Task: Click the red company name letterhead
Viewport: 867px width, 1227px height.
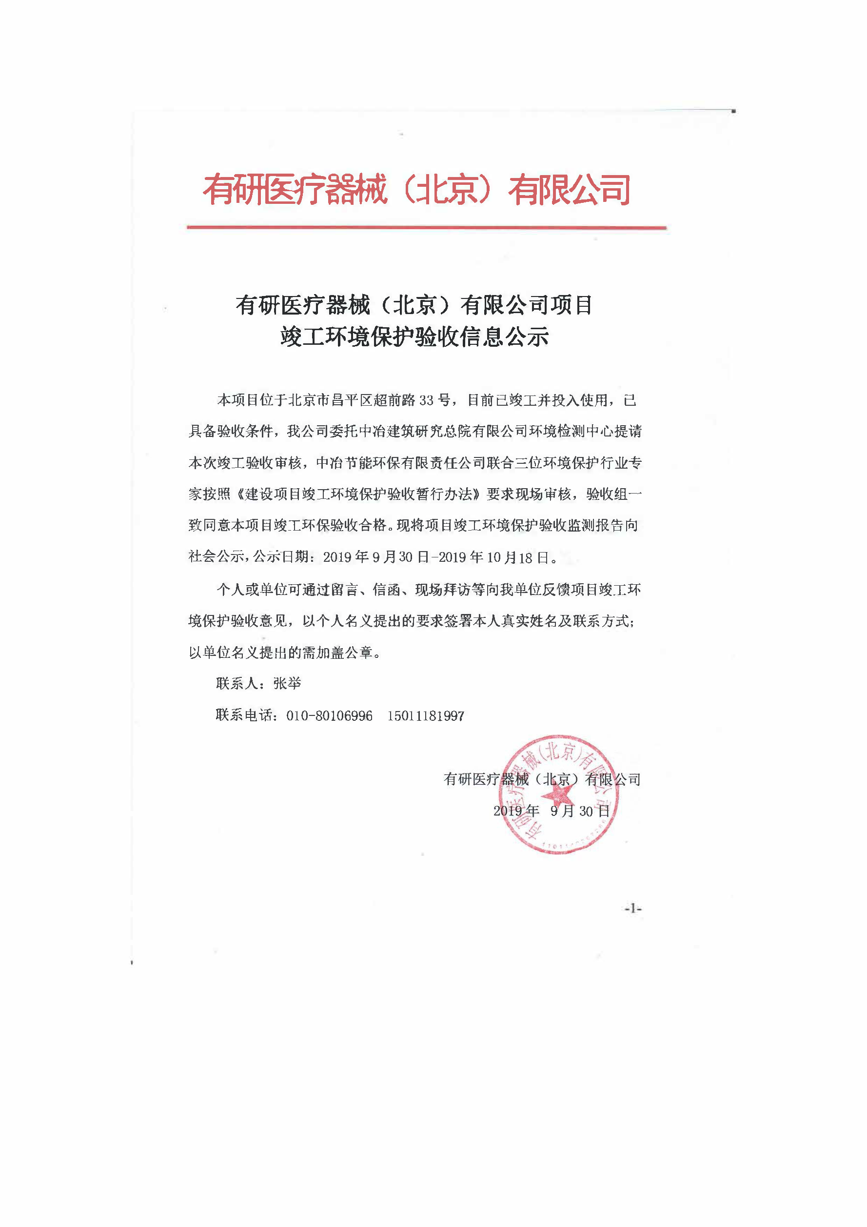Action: tap(416, 190)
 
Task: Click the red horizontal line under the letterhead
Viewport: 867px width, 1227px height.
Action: tap(426, 228)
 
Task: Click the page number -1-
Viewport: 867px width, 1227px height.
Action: tap(632, 908)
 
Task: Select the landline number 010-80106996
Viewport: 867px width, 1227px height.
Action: tap(329, 716)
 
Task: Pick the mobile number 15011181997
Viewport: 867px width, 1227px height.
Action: tap(426, 716)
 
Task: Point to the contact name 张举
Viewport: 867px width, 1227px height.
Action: tap(287, 684)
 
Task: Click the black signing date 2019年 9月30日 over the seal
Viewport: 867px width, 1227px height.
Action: tap(552, 811)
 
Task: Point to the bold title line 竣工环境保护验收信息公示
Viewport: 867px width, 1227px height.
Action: tap(414, 336)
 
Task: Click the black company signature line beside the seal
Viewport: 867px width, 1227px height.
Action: tap(542, 780)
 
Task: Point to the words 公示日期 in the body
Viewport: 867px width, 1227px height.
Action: tap(281, 557)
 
